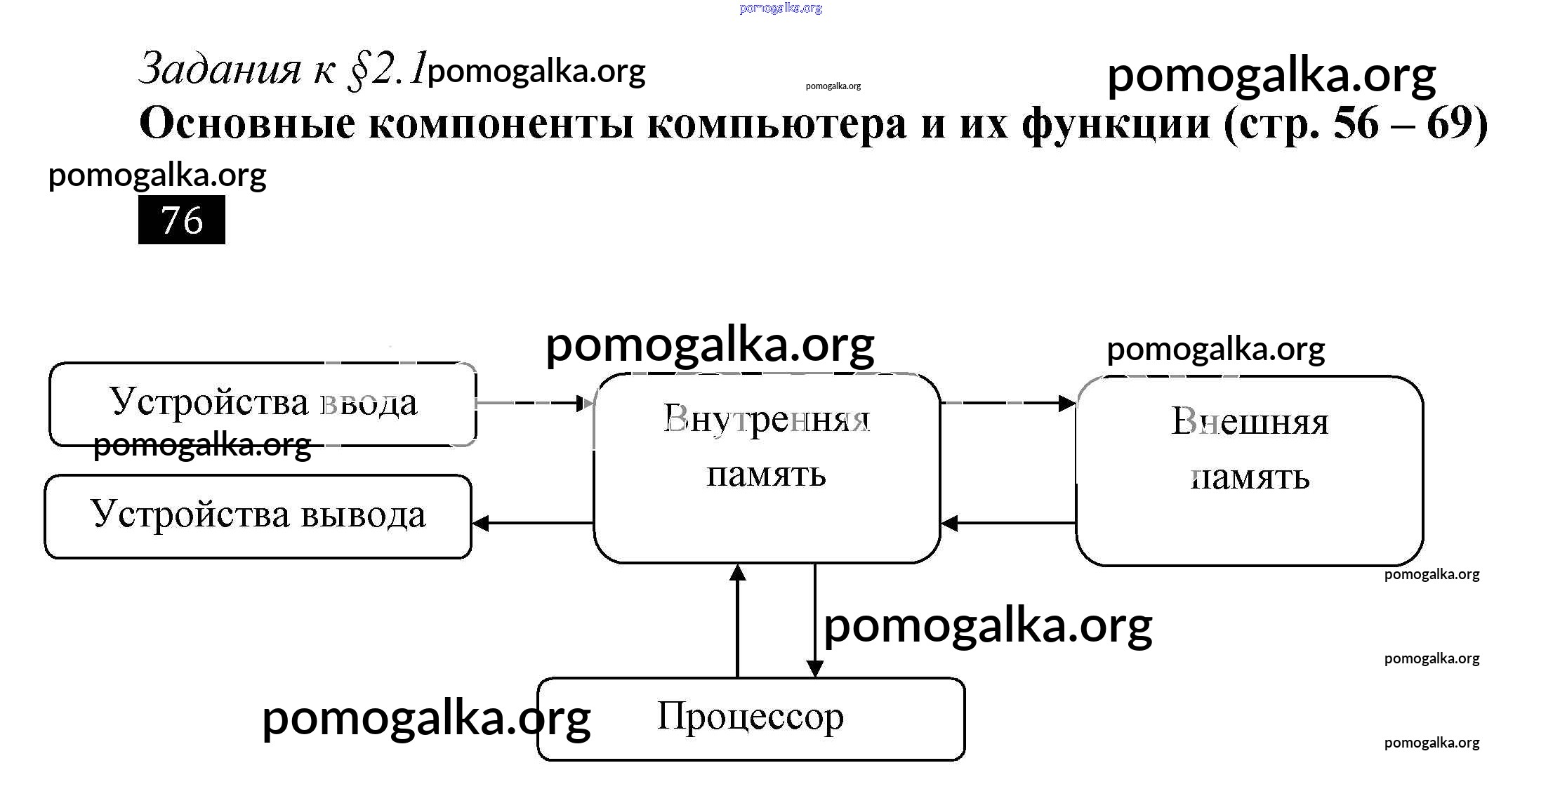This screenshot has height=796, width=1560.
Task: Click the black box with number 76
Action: [181, 220]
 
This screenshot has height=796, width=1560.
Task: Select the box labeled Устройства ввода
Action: [263, 404]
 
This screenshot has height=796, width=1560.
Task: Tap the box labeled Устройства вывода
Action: [258, 516]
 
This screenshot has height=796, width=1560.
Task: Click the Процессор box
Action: [751, 718]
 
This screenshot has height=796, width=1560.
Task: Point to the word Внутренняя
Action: [766, 419]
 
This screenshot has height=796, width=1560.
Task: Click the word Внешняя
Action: [1250, 422]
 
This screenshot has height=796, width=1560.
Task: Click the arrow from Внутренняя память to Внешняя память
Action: [1007, 403]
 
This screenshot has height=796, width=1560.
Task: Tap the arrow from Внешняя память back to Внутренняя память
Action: [1008, 523]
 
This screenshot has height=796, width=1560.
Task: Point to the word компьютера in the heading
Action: [778, 124]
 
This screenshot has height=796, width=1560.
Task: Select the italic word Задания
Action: [220, 69]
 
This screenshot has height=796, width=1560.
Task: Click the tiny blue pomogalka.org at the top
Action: [781, 8]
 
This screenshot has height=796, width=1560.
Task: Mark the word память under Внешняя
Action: [1250, 477]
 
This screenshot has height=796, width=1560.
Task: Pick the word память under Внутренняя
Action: [766, 475]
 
